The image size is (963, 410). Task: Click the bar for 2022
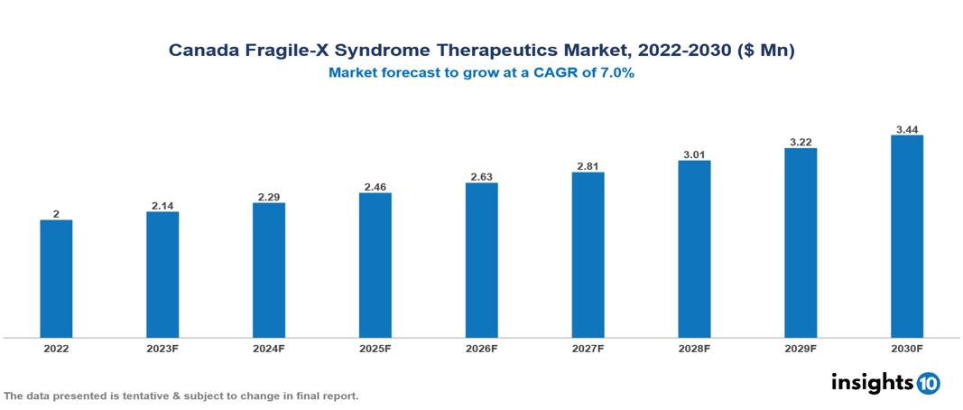point(56,278)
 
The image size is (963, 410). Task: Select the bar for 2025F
point(375,265)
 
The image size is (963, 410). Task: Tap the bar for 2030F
point(906,236)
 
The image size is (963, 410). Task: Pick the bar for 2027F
point(588,255)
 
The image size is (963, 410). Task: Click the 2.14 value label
point(162,205)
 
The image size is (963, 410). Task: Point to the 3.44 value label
point(906,128)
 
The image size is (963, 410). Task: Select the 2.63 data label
point(481,176)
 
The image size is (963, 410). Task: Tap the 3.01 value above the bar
point(694,154)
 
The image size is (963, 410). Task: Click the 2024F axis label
point(269,348)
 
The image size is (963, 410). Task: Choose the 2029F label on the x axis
point(800,348)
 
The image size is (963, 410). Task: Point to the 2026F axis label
point(481,348)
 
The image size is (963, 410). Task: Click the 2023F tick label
point(162,348)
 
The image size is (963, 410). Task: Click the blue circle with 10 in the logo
point(928,383)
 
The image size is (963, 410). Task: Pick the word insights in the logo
point(872,382)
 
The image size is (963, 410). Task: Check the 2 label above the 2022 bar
point(56,214)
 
